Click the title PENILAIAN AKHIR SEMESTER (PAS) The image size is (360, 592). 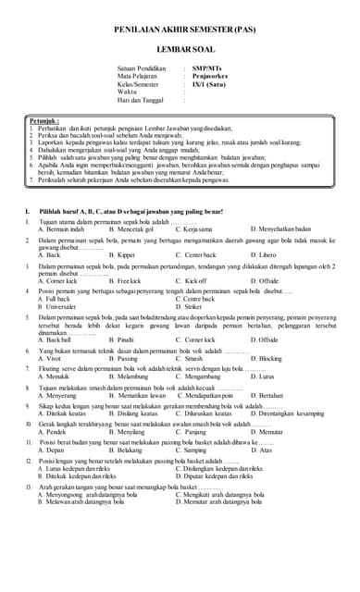pos(185,31)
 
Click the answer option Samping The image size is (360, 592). pos(193,450)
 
